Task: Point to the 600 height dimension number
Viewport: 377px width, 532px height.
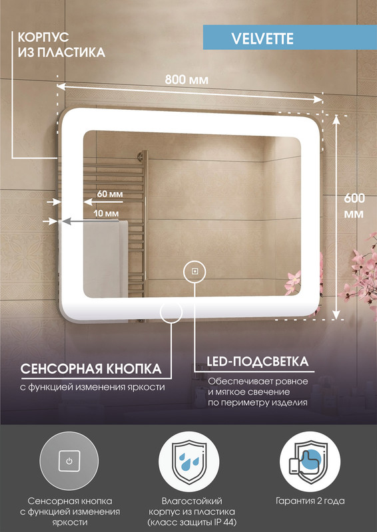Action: coord(354,198)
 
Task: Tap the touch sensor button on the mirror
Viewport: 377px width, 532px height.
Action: coord(194,271)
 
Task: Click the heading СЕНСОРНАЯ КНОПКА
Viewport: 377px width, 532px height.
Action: coord(91,368)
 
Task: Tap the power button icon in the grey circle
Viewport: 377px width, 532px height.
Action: coord(69,460)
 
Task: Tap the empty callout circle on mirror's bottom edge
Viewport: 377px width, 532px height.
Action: coord(172,312)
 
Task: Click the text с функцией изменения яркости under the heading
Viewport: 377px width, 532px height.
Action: coord(93,386)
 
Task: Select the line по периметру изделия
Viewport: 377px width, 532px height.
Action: coord(257,402)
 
